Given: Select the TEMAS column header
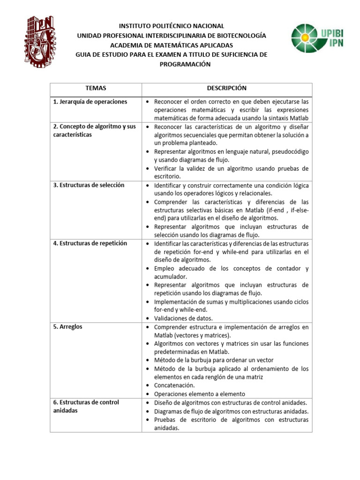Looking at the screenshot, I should [x=96, y=89].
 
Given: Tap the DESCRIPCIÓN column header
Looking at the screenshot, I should [x=227, y=89].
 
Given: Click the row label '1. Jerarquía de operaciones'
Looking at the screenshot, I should [x=90, y=102].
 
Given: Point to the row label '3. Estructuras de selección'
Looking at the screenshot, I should [x=89, y=185].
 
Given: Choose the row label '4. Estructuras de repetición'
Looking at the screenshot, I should [x=90, y=243].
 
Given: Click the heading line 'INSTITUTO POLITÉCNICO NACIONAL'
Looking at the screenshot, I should [x=171, y=26].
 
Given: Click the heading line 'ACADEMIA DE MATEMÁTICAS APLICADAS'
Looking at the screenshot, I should [x=171, y=45].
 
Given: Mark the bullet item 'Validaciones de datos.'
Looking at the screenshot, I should [x=183, y=318].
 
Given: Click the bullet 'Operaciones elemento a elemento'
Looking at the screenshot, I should [x=199, y=394].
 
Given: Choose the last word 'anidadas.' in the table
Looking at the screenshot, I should [x=166, y=428].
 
